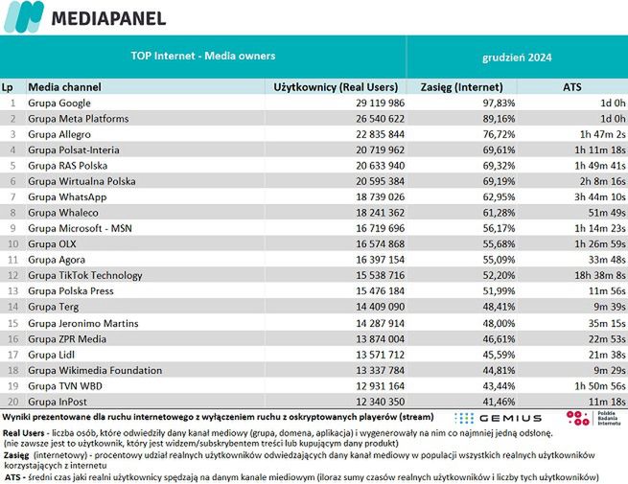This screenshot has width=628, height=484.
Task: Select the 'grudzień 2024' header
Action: click(x=516, y=57)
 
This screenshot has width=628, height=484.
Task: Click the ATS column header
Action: click(x=571, y=86)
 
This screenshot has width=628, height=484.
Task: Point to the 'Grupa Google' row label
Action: click(x=59, y=103)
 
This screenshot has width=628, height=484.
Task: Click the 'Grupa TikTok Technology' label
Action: click(x=85, y=275)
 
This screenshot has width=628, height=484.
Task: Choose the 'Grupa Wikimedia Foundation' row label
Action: click(x=95, y=369)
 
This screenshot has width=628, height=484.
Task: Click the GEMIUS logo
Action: click(x=498, y=419)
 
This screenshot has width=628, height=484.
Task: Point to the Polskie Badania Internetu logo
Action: click(x=589, y=419)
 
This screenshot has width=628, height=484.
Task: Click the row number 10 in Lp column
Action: click(x=12, y=243)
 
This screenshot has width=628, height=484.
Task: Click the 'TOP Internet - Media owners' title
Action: click(x=202, y=56)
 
